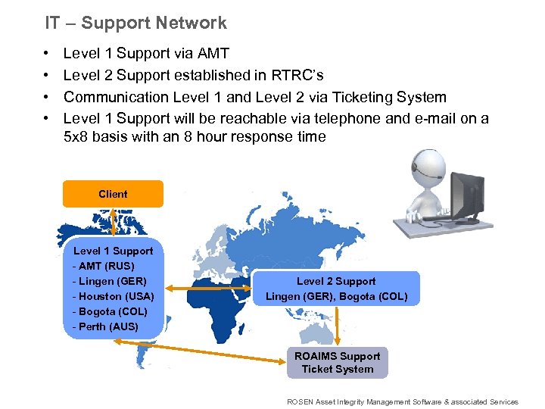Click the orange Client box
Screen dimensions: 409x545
113,194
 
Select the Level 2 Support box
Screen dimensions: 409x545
336,289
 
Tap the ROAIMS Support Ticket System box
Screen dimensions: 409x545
337,363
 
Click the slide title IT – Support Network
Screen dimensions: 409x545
135,23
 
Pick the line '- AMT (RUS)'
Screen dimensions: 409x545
104,266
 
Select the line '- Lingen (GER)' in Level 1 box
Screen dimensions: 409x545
110,281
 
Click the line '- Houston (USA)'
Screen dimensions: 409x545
113,296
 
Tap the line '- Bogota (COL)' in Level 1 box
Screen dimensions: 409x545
110,311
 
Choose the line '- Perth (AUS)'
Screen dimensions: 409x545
105,326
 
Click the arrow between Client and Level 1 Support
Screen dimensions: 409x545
113,224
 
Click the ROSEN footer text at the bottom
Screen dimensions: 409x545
403,402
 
